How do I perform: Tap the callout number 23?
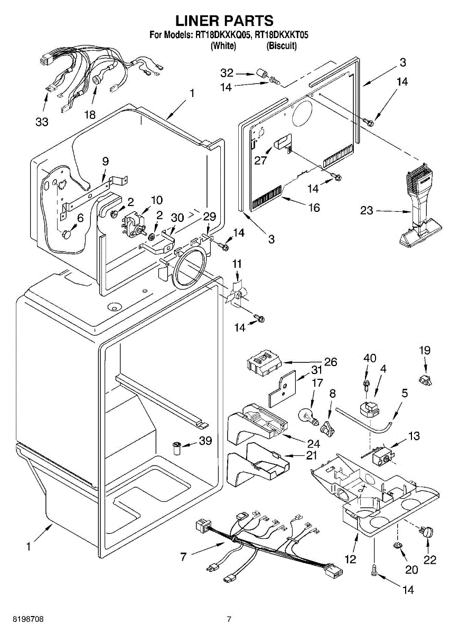coord(367,211)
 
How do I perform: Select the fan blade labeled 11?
coord(237,295)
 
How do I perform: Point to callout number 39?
coord(205,441)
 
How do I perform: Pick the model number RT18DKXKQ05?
coord(223,35)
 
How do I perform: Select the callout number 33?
coord(42,122)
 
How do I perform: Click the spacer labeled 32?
coord(262,74)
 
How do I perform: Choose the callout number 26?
coord(330,362)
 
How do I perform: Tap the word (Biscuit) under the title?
coord(282,45)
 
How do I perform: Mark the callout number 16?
coord(314,208)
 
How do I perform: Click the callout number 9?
coord(105,161)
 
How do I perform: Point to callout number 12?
coord(351,559)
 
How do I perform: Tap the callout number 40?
coord(370,358)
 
